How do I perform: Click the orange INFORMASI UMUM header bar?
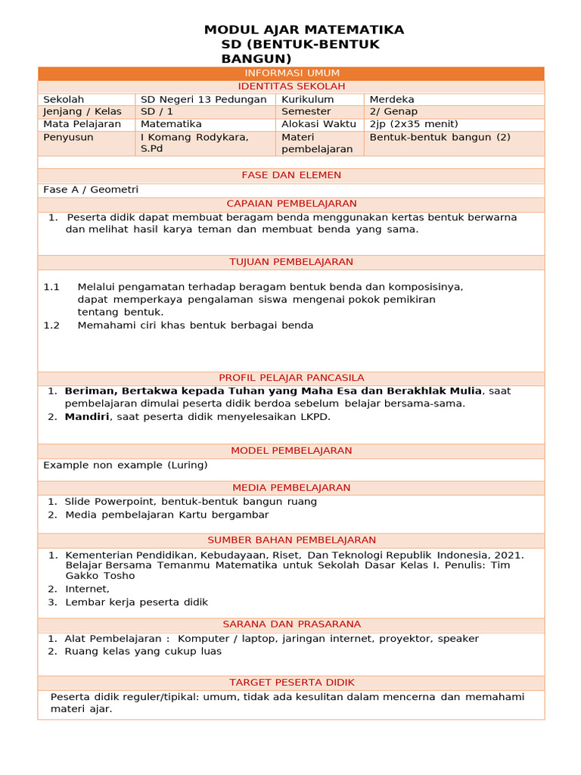pos(291,73)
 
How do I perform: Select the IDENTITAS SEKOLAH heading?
pos(291,86)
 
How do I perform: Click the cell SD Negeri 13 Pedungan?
pos(204,99)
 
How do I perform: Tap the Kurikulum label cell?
pos(307,99)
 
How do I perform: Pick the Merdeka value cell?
pos(392,99)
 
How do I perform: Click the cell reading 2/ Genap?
pos(390,111)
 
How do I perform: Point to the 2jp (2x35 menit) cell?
pos(414,124)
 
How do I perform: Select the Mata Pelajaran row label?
pos(82,124)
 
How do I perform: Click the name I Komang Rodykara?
pos(194,137)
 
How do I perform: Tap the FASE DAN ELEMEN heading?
pos(291,175)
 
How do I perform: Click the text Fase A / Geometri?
pos(91,189)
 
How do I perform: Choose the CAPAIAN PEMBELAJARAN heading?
pos(291,204)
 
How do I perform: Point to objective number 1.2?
pos(51,325)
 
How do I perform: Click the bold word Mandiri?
pos(87,416)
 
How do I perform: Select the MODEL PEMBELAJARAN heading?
pos(291,450)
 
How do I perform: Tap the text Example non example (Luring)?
pos(125,465)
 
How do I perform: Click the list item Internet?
pos(87,589)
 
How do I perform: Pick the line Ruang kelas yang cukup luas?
pos(143,651)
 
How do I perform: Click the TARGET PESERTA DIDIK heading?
pos(291,682)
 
